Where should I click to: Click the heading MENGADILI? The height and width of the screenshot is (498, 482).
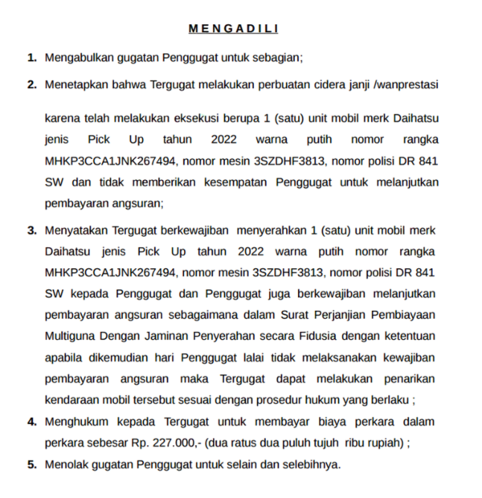point(233,29)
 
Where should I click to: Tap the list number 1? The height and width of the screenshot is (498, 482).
point(31,58)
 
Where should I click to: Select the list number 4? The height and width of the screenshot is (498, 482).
point(31,421)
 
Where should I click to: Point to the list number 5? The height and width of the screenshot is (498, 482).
point(31,464)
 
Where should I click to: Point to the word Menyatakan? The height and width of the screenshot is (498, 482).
point(80,230)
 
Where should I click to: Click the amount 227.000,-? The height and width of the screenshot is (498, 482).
point(178,443)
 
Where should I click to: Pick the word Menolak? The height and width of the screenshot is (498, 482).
point(67,464)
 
